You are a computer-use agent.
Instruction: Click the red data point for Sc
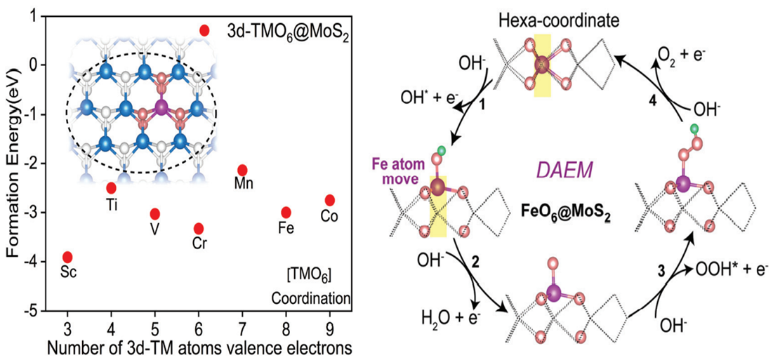pyautogui.click(x=67, y=257)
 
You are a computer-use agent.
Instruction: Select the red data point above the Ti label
pyautogui.click(x=111, y=187)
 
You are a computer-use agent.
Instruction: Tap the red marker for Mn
pyautogui.click(x=242, y=170)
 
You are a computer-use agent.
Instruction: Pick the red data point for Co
pyautogui.click(x=330, y=200)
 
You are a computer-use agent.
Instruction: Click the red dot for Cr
pyautogui.click(x=199, y=228)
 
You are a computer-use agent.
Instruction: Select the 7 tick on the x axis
pyautogui.click(x=242, y=328)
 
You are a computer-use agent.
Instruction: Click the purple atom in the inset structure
pyautogui.click(x=161, y=107)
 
